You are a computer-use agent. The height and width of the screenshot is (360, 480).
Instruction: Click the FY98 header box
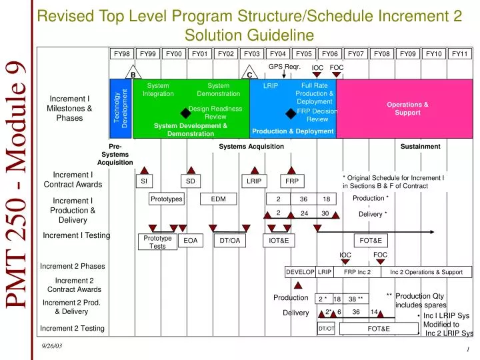click(x=122, y=54)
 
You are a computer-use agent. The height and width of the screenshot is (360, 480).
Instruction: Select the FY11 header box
click(x=459, y=54)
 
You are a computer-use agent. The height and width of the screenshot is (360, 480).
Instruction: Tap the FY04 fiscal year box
click(x=278, y=54)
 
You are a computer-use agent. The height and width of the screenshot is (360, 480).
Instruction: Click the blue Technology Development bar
click(x=121, y=109)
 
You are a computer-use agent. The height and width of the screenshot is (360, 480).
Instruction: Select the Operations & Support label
click(x=407, y=109)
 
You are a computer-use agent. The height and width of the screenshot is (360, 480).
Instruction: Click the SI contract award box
click(x=143, y=181)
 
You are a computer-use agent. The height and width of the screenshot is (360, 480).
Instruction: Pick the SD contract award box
click(x=190, y=181)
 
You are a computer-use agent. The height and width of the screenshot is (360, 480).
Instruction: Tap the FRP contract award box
click(x=292, y=181)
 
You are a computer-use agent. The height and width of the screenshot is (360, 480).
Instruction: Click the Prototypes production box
click(x=166, y=199)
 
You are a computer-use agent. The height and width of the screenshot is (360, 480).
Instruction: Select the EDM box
click(x=218, y=199)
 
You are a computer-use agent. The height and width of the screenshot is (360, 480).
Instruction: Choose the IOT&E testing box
click(x=278, y=241)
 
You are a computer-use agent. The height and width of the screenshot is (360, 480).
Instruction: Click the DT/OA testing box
click(x=229, y=241)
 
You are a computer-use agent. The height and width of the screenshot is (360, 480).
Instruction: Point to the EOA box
click(x=191, y=241)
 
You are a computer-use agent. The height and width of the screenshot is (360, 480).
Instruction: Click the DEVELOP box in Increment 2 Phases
click(x=300, y=272)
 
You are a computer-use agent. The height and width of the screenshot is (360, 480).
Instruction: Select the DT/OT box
click(x=326, y=329)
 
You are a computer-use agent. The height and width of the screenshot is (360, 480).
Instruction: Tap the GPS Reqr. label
click(x=285, y=67)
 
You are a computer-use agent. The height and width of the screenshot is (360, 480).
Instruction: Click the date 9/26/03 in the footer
click(x=51, y=345)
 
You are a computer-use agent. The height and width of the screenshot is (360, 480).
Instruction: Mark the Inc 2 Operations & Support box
click(x=426, y=272)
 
